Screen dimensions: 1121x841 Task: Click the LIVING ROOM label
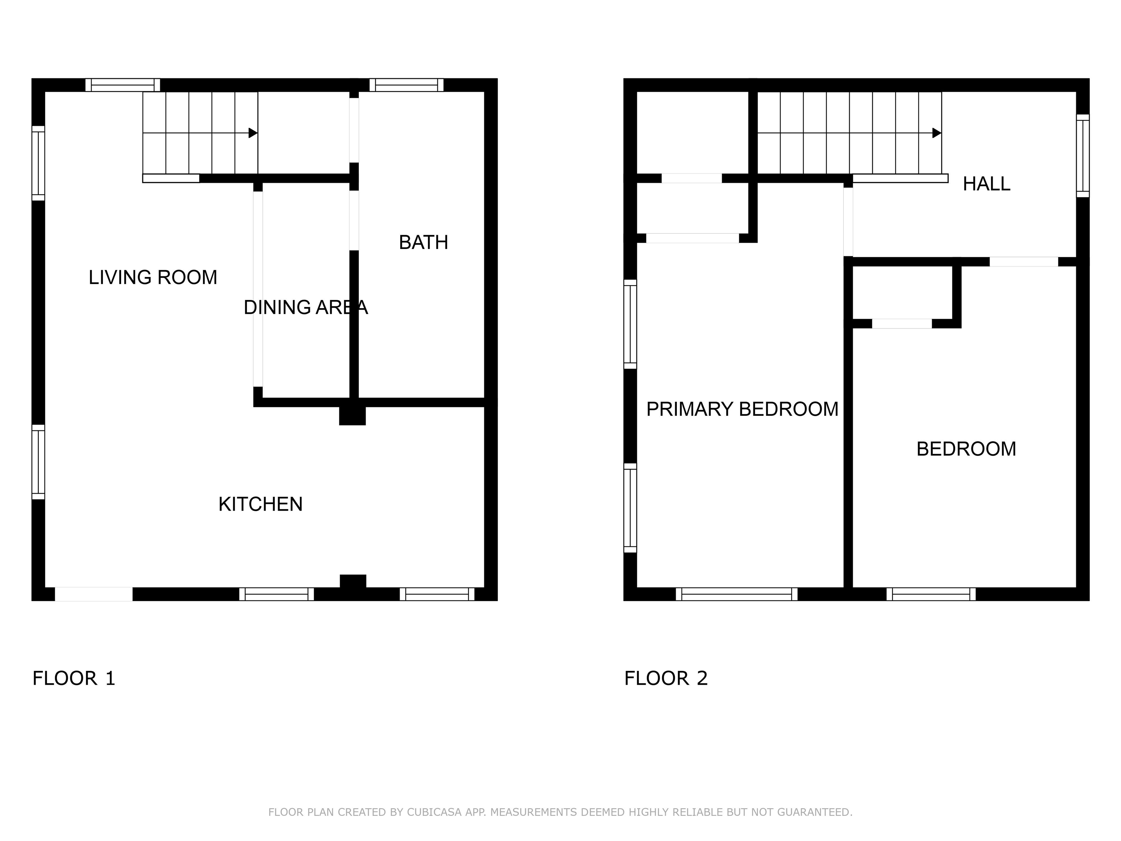click(153, 277)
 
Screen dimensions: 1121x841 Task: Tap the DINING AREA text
click(305, 307)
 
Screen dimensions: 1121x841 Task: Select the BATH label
click(423, 242)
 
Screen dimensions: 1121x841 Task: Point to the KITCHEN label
click(261, 504)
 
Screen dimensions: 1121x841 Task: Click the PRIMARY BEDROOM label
click(743, 409)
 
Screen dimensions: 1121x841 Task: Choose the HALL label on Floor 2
click(986, 184)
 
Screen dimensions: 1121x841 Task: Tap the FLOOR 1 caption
click(74, 678)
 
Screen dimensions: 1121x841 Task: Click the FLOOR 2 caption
click(666, 678)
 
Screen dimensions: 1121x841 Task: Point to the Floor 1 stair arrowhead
click(253, 133)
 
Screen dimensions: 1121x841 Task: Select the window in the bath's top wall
click(407, 85)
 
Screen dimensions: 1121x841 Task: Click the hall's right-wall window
click(1082, 155)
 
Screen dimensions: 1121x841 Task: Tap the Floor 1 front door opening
click(94, 594)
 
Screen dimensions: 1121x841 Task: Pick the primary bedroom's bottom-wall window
click(736, 594)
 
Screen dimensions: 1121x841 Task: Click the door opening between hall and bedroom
click(1024, 262)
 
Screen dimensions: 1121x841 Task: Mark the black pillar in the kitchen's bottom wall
click(353, 581)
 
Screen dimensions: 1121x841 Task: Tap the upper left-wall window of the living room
click(39, 163)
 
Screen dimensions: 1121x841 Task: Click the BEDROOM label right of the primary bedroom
click(966, 449)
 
